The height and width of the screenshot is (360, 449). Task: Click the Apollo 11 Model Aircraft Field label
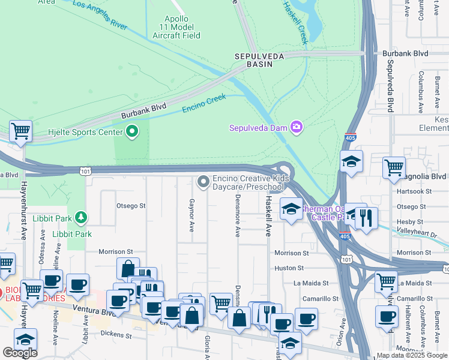tap(176, 27)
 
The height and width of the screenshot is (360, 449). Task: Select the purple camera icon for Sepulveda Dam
tap(295, 127)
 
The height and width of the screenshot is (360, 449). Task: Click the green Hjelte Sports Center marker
tap(131, 131)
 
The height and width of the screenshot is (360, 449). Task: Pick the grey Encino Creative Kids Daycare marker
tap(203, 181)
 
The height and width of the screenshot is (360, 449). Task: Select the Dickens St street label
tap(116, 332)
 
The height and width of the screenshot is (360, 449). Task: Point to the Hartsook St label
tap(415, 191)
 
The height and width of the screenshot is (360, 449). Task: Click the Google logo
tap(20, 353)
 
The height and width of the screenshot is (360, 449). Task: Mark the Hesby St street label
tap(410, 222)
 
